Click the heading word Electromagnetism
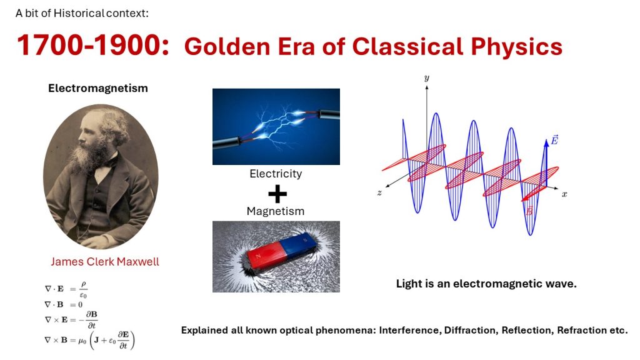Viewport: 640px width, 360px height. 98,88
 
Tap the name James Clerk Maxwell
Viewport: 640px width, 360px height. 105,262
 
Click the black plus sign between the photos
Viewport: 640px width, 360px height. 277,194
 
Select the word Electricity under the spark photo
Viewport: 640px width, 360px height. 276,174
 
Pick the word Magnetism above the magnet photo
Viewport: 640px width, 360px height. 276,211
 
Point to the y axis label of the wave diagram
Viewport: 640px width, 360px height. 426,78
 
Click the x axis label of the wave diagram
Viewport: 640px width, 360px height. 564,194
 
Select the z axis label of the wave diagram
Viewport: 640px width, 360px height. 379,192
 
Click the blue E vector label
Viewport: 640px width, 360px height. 554,140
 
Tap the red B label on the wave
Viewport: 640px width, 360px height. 529,211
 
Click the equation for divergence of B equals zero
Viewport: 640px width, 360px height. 64,304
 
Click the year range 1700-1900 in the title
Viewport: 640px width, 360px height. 93,45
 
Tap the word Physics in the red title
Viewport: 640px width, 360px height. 516,47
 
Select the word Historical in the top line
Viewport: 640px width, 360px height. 79,13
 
